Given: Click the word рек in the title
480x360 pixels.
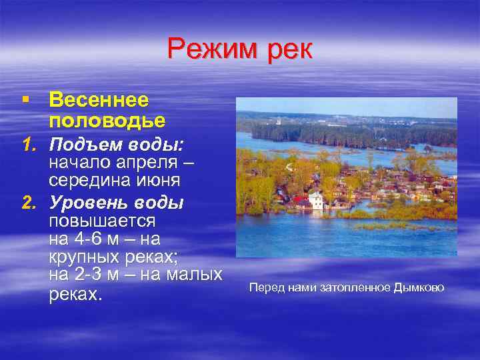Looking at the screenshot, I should [288, 51].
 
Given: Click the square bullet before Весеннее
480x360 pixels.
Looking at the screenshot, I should [25, 99].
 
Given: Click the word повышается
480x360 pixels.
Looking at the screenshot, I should [102, 220].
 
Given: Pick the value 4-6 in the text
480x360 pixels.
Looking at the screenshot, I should [84, 238].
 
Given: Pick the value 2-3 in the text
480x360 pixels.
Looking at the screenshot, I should [84, 274].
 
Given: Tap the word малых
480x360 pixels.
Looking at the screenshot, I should [193, 274].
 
